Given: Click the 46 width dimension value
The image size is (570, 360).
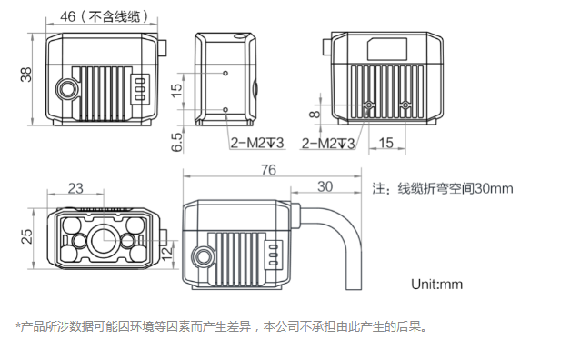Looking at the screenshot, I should (66, 15).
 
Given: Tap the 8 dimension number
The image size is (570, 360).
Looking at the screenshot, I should (315, 114).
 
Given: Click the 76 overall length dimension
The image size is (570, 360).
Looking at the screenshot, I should (268, 170).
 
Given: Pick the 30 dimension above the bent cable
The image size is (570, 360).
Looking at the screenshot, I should (324, 187).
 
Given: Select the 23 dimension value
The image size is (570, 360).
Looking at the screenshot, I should (75, 188).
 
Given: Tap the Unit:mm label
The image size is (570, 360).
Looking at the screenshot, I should (436, 284).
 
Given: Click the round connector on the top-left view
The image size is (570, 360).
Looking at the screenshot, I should (67, 89).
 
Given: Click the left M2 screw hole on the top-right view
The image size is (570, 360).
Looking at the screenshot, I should (369, 107).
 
